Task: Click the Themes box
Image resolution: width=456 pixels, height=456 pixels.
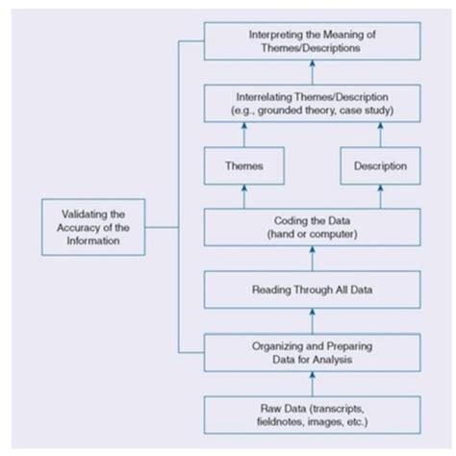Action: tap(243, 166)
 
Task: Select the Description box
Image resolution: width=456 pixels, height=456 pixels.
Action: tap(379, 166)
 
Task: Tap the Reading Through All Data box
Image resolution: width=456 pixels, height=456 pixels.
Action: tap(311, 289)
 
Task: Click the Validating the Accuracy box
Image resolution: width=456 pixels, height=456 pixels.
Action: tap(95, 228)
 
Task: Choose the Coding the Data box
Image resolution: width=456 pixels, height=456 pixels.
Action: tap(311, 227)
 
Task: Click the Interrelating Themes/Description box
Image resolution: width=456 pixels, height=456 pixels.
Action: tap(311, 105)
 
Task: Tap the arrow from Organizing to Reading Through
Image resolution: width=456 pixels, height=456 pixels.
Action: tap(311, 318)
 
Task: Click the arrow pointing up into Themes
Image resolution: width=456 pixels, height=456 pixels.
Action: tap(243, 196)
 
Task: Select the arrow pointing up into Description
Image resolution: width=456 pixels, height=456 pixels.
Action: tap(379, 196)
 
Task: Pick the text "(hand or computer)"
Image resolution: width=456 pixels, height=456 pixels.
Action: tap(311, 235)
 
